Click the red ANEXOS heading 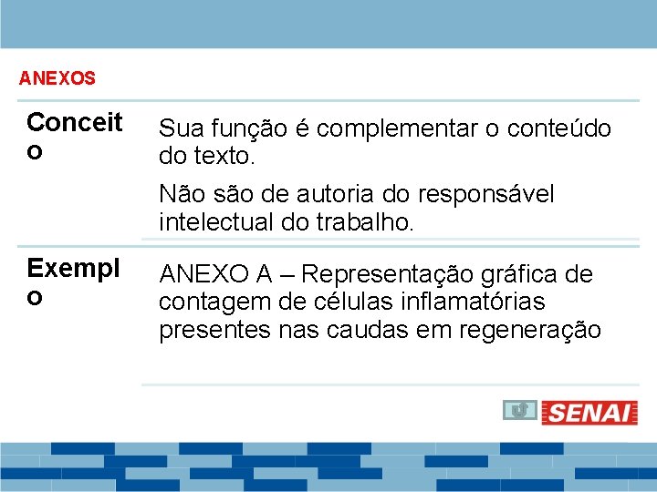pos(57,78)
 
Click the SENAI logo pos(589,413)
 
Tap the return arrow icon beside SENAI pos(517,411)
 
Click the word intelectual pos(214,220)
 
